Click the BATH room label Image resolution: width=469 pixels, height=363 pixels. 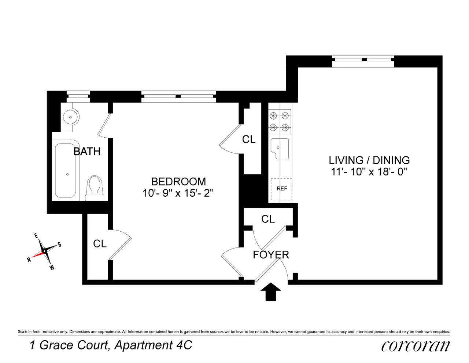(x=87, y=151)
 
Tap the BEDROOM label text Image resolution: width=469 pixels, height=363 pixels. (x=178, y=181)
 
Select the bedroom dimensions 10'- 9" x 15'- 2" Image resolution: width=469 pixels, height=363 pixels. (x=178, y=193)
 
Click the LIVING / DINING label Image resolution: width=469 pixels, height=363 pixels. (x=369, y=160)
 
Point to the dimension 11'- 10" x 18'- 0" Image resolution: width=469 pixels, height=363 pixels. (x=369, y=171)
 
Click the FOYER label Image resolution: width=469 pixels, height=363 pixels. (x=271, y=254)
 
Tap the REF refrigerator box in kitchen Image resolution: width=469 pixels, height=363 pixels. (x=281, y=189)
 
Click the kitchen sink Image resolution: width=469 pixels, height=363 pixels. (x=280, y=149)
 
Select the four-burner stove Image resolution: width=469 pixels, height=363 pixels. (x=280, y=122)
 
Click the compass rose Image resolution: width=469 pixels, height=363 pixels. (x=44, y=251)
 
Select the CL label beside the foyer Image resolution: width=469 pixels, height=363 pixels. (x=268, y=219)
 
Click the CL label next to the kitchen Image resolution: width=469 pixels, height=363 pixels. (x=249, y=139)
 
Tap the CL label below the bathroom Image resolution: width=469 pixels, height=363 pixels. (x=100, y=244)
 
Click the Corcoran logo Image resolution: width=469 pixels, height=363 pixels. (x=415, y=346)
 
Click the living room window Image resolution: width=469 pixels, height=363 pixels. (x=363, y=61)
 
